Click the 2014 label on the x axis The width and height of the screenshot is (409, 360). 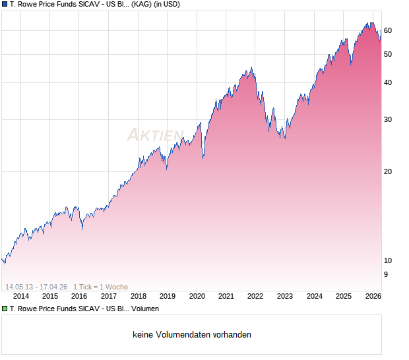pyautogui.click(x=22, y=296)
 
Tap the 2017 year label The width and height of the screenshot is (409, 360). pyautogui.click(x=110, y=296)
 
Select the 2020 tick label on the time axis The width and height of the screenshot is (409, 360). pyautogui.click(x=197, y=296)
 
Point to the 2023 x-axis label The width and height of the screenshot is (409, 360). pyautogui.click(x=284, y=296)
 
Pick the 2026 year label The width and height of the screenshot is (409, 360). pyautogui.click(x=373, y=296)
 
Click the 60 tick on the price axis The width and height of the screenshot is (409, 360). pyautogui.click(x=388, y=30)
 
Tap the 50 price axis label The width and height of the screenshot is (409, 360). pyautogui.click(x=388, y=54)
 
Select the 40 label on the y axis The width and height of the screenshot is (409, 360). pyautogui.click(x=388, y=82)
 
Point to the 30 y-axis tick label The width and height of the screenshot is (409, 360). pyautogui.click(x=388, y=119)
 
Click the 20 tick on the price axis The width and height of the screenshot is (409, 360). pyautogui.click(x=388, y=171)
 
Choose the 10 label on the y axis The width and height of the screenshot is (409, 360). pyautogui.click(x=388, y=260)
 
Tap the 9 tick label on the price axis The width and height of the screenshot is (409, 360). pyautogui.click(x=386, y=274)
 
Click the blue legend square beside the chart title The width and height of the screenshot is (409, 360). pyautogui.click(x=5, y=4)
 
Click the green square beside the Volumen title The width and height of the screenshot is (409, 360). pyautogui.click(x=5, y=309)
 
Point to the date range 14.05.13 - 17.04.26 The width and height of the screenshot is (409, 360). pyautogui.click(x=36, y=286)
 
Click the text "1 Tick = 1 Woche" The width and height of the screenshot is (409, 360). pyautogui.click(x=100, y=286)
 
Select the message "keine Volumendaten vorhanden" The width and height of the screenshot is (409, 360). pyautogui.click(x=192, y=335)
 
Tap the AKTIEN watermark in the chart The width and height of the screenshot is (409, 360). pyautogui.click(x=155, y=135)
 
